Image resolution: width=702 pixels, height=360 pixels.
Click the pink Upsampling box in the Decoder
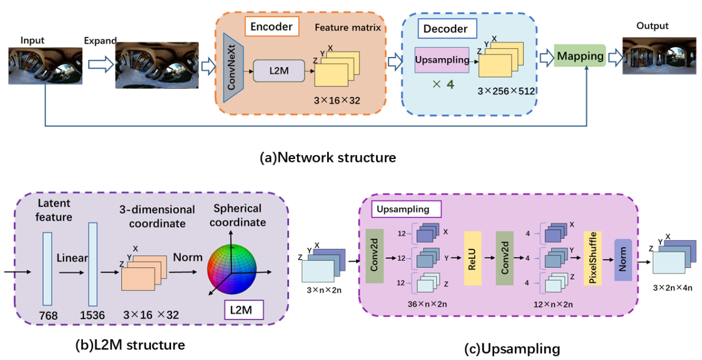[x=442, y=60]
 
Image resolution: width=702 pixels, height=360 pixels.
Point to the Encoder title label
[x=271, y=26]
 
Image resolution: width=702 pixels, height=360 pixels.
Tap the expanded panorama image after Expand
[x=157, y=65]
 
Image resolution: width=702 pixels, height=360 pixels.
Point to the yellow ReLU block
[x=473, y=259]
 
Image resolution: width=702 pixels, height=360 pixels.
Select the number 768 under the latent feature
[x=47, y=316]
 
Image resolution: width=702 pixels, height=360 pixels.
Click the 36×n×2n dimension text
[x=422, y=303]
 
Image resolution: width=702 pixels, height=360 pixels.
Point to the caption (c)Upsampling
[x=512, y=348]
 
